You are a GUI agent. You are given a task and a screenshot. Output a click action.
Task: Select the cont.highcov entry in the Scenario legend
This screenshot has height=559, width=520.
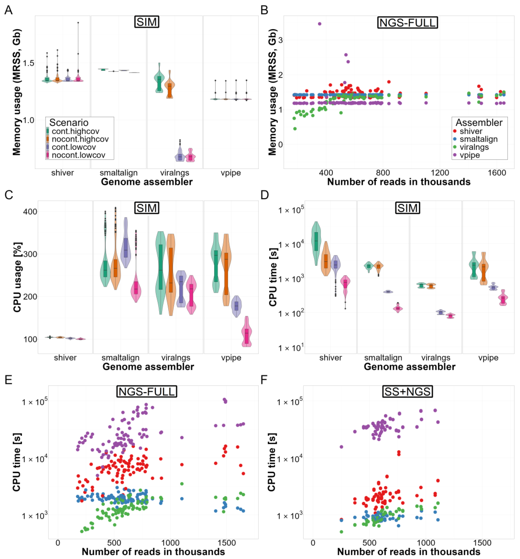tap(75, 131)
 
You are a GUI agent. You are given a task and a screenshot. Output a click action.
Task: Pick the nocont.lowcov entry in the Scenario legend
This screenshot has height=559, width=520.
tap(78, 155)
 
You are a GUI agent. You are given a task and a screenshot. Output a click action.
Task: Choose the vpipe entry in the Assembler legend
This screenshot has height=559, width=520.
tap(470, 155)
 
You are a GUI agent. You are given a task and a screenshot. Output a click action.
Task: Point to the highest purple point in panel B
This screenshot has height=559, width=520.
tap(319, 24)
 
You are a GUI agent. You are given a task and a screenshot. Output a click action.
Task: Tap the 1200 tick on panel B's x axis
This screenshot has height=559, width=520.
tap(440, 172)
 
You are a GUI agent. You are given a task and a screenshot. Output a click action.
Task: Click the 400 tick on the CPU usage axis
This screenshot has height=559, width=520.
tap(30, 211)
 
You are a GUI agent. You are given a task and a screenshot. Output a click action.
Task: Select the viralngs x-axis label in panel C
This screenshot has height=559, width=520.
tap(176, 358)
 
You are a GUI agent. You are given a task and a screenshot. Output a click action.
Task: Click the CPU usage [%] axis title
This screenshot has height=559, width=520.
tap(17, 277)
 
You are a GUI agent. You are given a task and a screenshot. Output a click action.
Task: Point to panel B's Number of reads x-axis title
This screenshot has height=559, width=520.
tap(399, 182)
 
